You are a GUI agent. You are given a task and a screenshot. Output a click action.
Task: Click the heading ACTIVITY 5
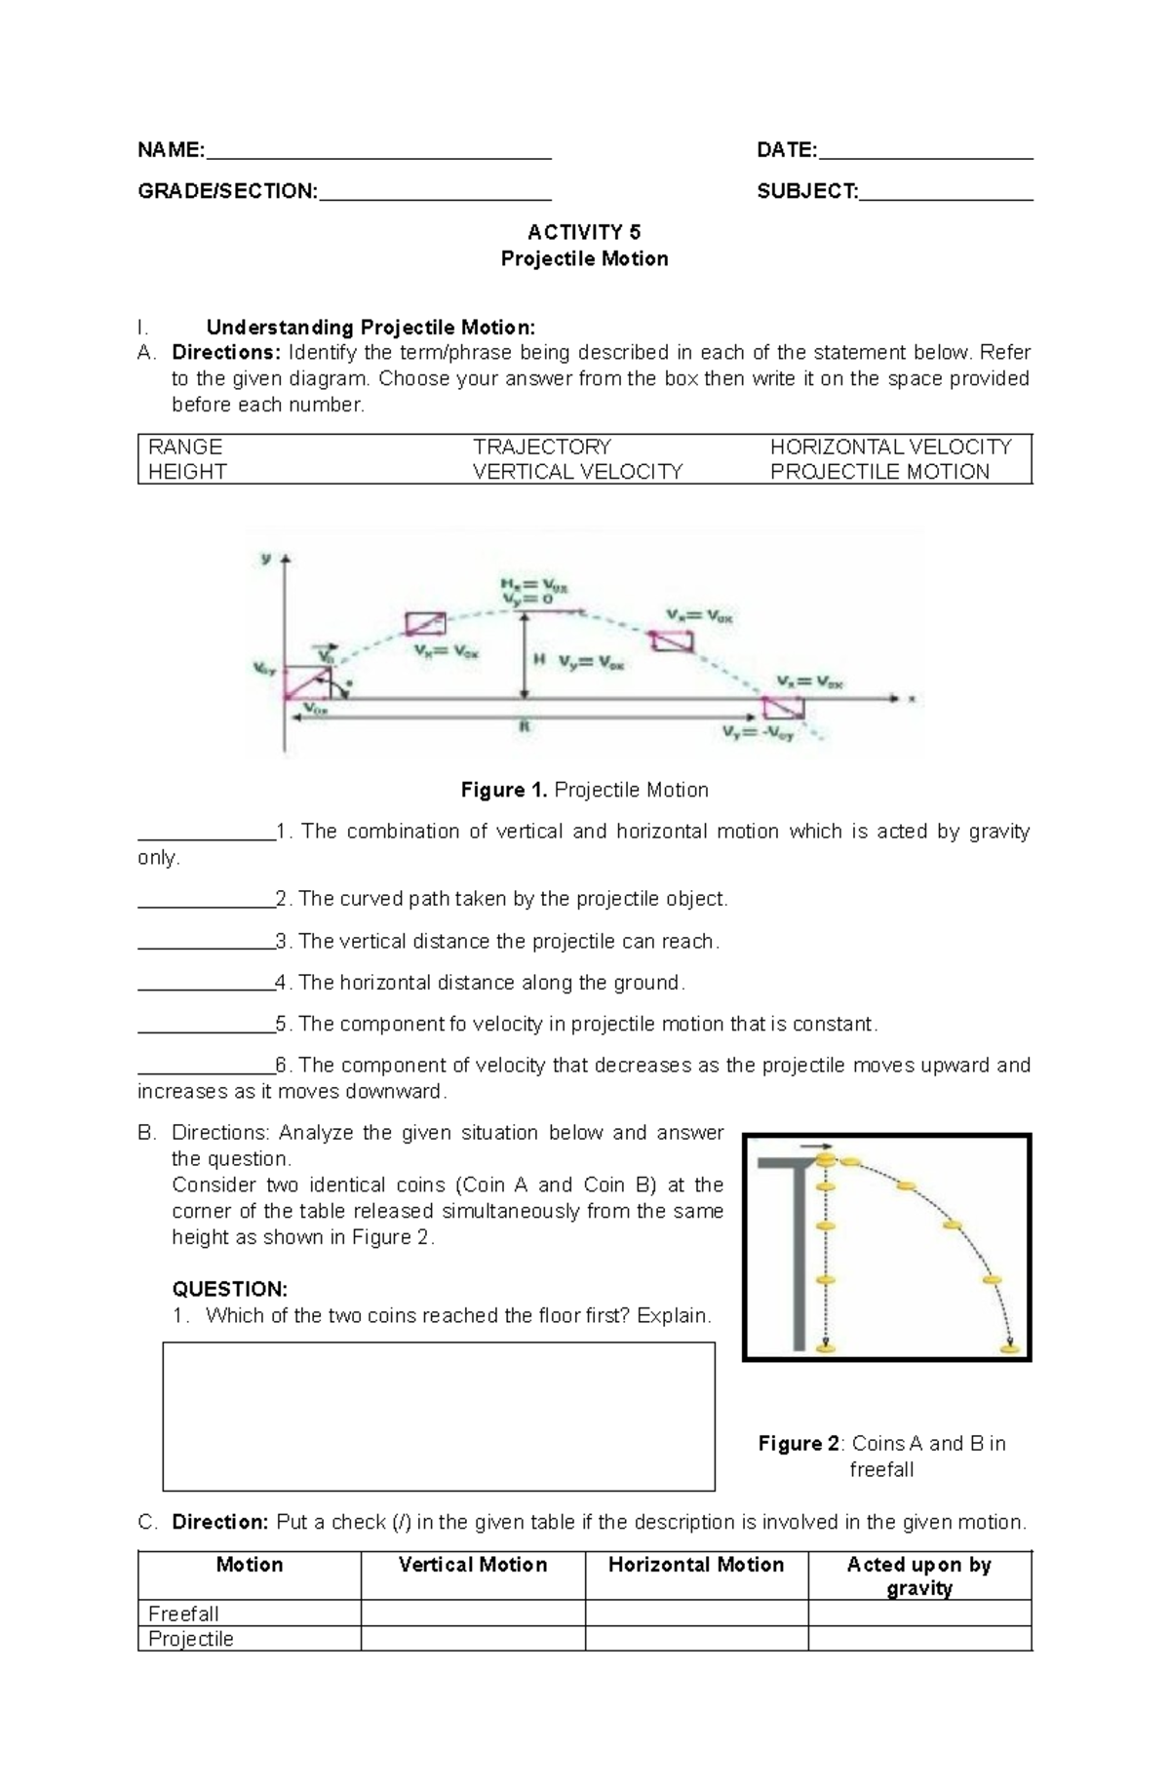pyautogui.click(x=584, y=232)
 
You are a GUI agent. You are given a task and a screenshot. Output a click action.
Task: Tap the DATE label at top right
pyautogui.click(x=786, y=150)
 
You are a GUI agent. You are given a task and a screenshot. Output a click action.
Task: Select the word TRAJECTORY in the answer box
pyautogui.click(x=542, y=447)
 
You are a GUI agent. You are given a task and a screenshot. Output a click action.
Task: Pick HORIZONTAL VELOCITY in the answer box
pyautogui.click(x=890, y=447)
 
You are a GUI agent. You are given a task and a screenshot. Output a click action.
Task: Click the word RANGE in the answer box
pyautogui.click(x=185, y=447)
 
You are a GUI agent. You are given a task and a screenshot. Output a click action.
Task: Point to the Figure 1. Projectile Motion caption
pyautogui.click(x=584, y=790)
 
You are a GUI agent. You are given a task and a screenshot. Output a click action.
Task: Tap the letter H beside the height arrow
pyautogui.click(x=538, y=660)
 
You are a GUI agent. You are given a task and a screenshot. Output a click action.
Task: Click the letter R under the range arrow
pyautogui.click(x=525, y=727)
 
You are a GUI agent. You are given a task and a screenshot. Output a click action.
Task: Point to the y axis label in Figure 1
pyautogui.click(x=265, y=558)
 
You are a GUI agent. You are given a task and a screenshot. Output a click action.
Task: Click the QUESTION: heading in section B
pyautogui.click(x=229, y=1289)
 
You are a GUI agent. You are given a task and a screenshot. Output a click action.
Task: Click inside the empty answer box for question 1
pyautogui.click(x=438, y=1416)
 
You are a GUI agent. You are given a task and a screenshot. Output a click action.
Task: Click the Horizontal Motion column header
pyautogui.click(x=696, y=1565)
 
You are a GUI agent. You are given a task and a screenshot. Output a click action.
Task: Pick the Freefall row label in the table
pyautogui.click(x=183, y=1614)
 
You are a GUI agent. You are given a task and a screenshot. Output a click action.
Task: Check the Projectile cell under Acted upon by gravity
pyautogui.click(x=918, y=1639)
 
